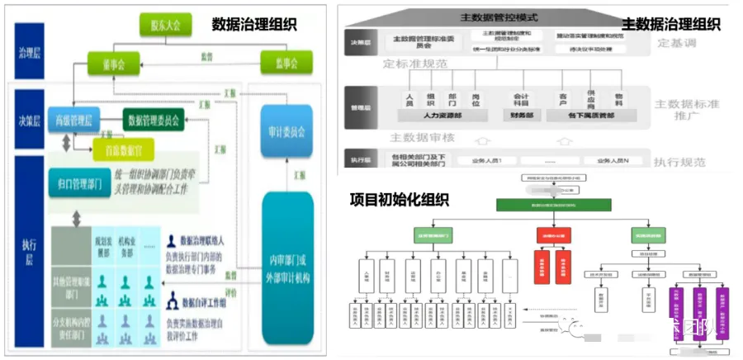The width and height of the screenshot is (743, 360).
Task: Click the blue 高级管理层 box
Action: pos(74,120)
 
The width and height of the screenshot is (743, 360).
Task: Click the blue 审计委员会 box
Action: pos(287,131)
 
